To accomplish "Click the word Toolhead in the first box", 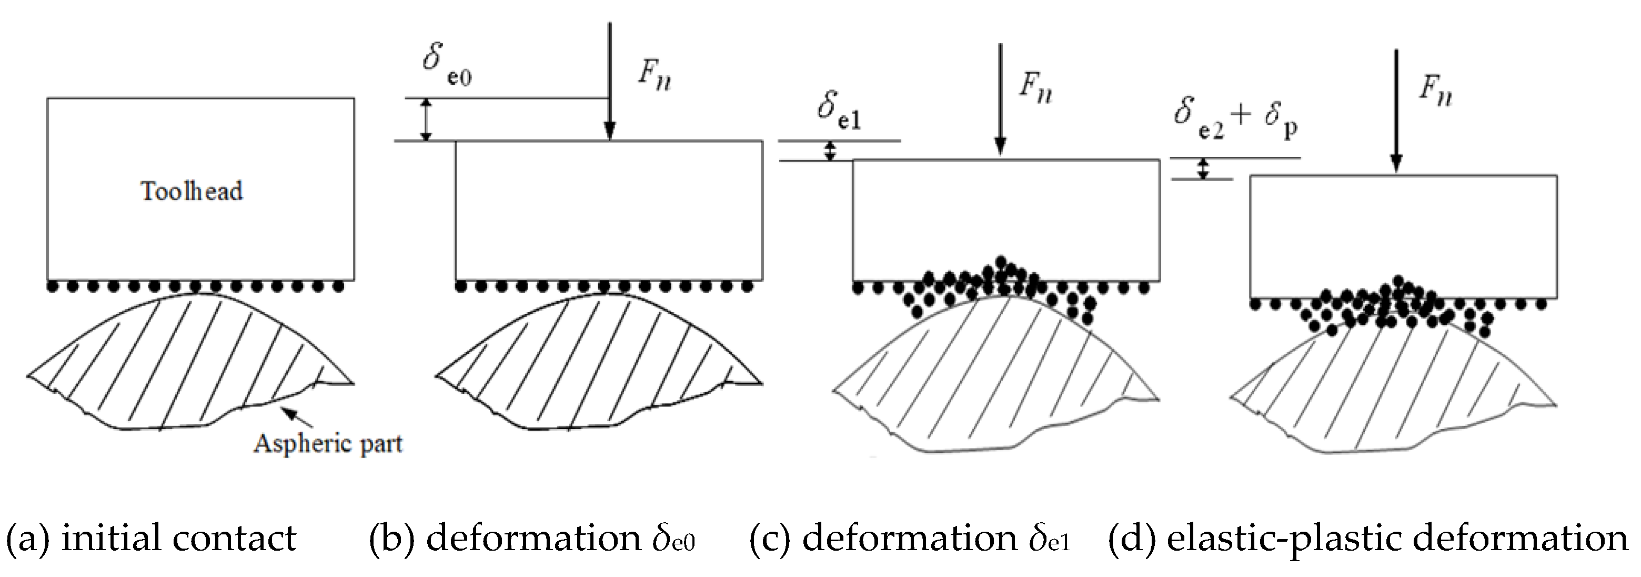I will [x=192, y=191].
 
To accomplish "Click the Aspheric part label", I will [x=328, y=442].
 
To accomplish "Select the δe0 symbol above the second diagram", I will [x=446, y=63].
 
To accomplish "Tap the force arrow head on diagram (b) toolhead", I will [x=610, y=131].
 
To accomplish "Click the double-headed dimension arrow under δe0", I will [x=427, y=119].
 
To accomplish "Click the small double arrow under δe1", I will [x=829, y=151].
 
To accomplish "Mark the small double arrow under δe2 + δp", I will [x=1203, y=168].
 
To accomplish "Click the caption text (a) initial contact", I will [x=151, y=539].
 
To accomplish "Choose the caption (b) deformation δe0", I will [x=532, y=539].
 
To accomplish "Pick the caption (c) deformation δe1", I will [x=910, y=539].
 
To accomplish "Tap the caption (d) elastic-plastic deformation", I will [x=1368, y=539].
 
